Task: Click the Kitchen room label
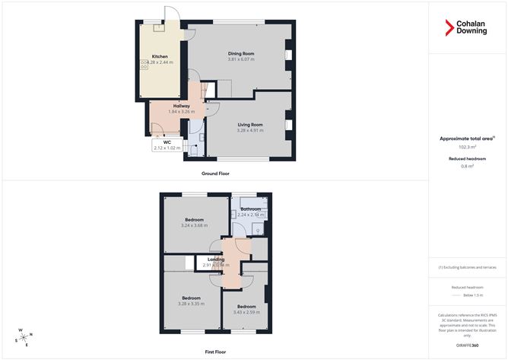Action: [160, 56]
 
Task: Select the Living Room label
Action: [250, 124]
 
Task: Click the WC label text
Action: [166, 142]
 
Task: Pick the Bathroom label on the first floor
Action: [251, 209]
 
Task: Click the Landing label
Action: [217, 260]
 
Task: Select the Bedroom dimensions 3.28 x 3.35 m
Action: [191, 303]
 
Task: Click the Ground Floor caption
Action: [215, 174]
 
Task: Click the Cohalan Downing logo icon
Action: [449, 27]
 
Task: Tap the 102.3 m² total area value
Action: [467, 147]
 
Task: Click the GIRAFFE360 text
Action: [467, 346]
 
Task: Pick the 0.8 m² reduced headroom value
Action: [467, 166]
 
